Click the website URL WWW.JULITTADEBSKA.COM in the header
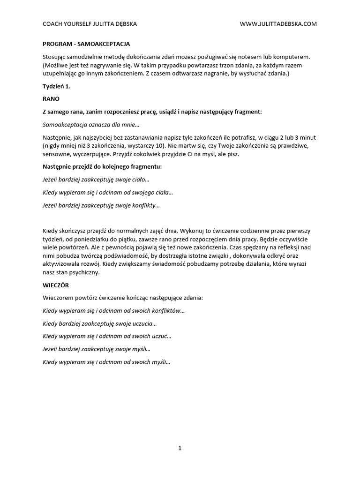278,24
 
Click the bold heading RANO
51,99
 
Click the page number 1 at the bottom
180,448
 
